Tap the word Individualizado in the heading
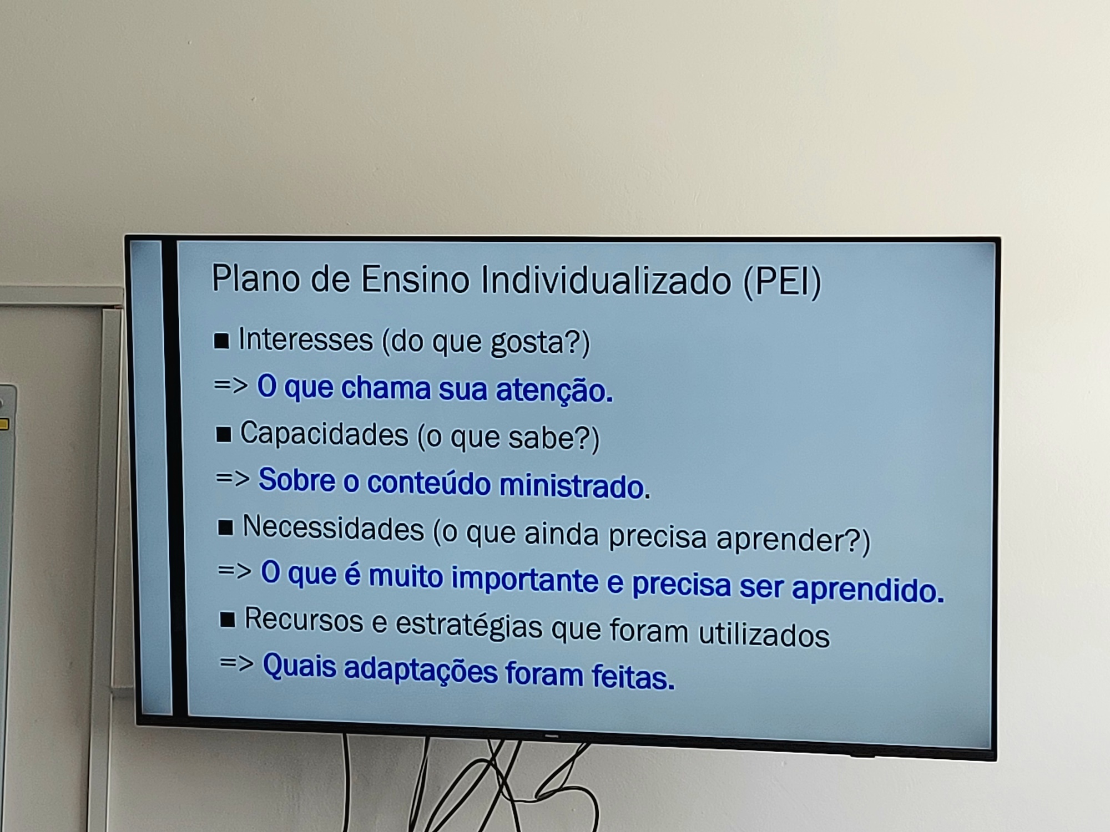[x=606, y=280]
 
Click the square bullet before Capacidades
[x=223, y=435]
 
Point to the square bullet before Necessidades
[x=225, y=527]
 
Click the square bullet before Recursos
[x=228, y=620]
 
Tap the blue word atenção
[x=554, y=390]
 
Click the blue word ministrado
[x=574, y=486]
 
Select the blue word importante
[x=524, y=579]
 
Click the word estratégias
[x=468, y=626]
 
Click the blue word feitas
[x=633, y=676]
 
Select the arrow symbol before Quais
[x=236, y=663]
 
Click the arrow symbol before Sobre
[x=233, y=478]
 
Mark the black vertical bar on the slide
[x=169, y=477]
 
